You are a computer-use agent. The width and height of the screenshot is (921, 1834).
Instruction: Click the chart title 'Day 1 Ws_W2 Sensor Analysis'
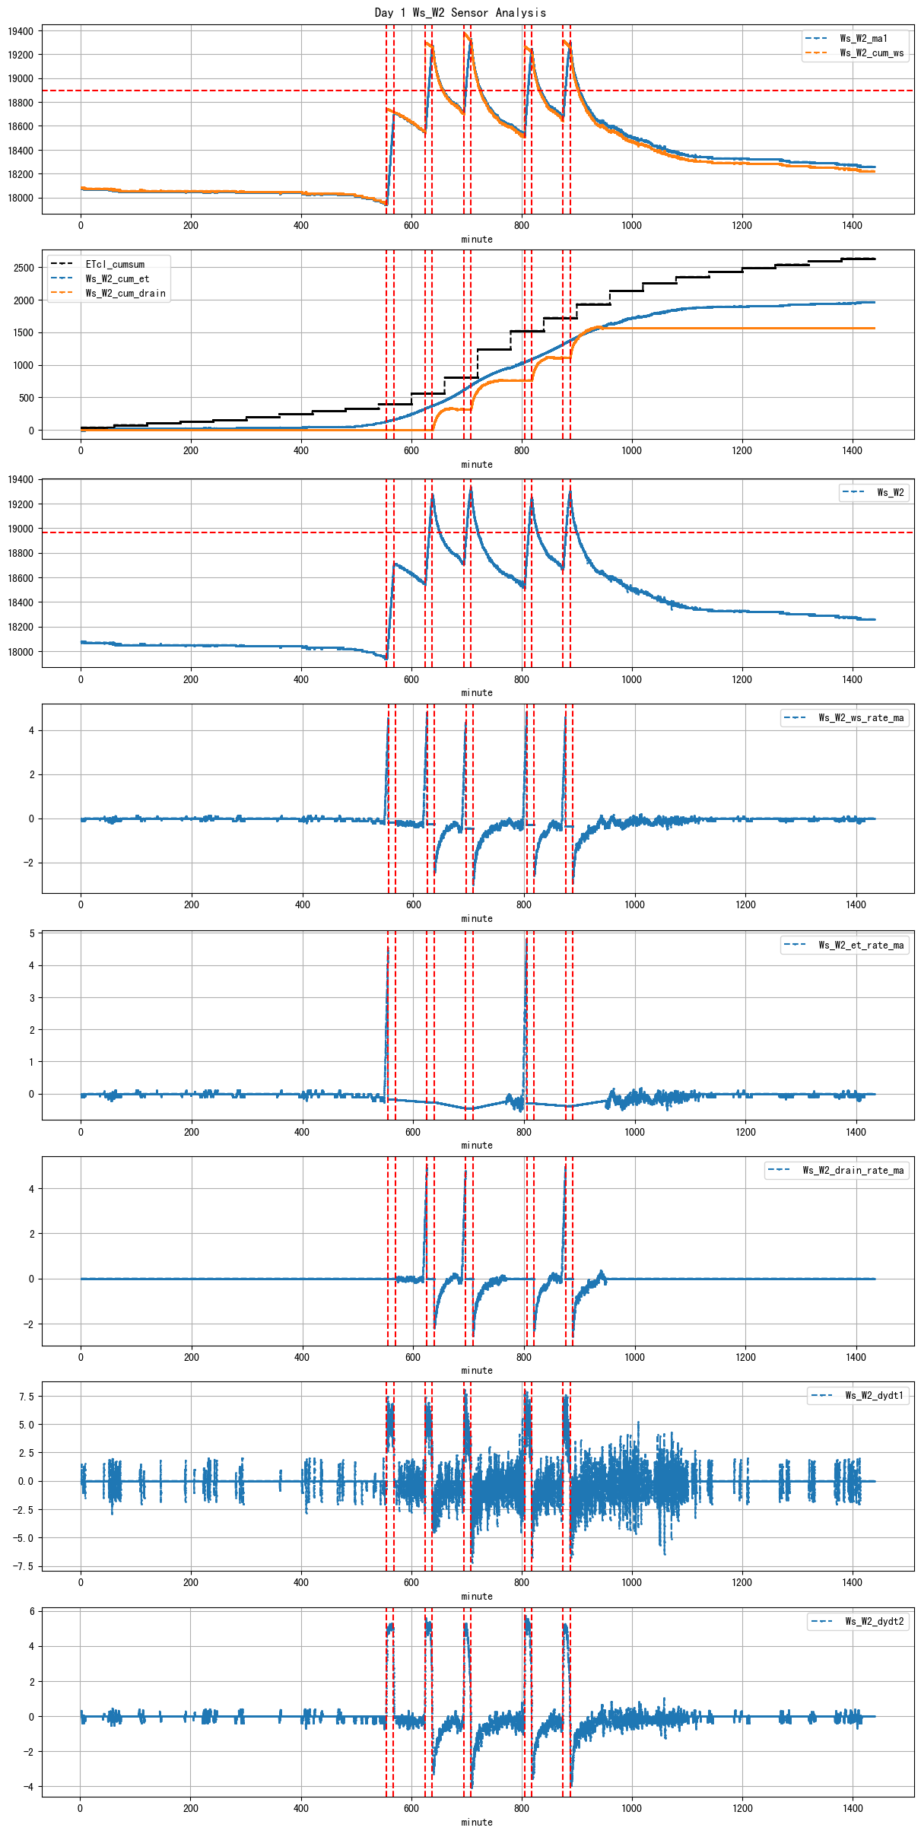click(460, 12)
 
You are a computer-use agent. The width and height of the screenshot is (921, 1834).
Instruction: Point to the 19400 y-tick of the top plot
click(21, 31)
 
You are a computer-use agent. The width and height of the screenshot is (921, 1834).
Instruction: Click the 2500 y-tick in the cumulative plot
click(24, 268)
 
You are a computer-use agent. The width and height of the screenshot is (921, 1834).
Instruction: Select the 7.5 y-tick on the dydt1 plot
click(27, 1397)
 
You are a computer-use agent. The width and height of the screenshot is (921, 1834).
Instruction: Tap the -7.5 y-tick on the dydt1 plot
click(24, 1566)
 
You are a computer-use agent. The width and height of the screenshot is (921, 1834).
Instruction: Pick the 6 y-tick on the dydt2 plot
click(32, 1611)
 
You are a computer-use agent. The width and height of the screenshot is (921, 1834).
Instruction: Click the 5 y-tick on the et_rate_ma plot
click(32, 933)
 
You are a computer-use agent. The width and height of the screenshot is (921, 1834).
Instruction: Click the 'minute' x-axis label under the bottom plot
click(477, 1822)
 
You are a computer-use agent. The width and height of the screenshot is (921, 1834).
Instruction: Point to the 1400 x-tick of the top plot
click(852, 225)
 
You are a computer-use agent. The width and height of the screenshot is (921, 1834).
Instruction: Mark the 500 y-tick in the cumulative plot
click(27, 398)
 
